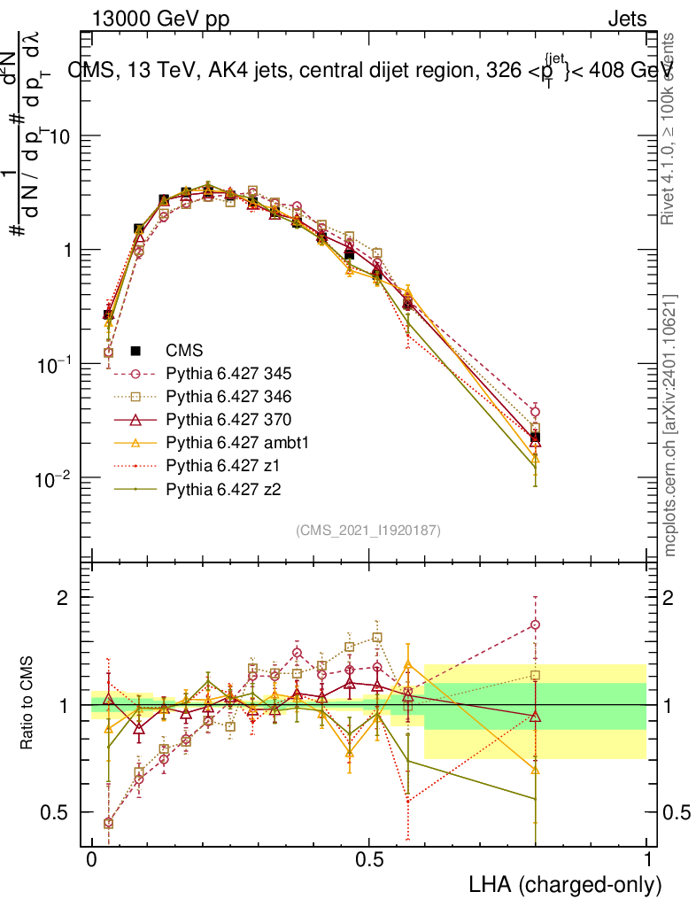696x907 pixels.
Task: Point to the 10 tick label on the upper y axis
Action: click(60, 136)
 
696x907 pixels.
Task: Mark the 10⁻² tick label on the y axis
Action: click(54, 478)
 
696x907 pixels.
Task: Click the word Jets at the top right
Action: click(627, 19)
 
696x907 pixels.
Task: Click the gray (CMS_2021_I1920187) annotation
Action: click(368, 530)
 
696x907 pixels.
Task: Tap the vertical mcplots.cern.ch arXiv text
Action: click(670, 423)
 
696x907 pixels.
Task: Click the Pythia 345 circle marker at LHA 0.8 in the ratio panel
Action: click(535, 625)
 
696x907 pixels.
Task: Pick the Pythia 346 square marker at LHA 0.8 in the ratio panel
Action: click(535, 675)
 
